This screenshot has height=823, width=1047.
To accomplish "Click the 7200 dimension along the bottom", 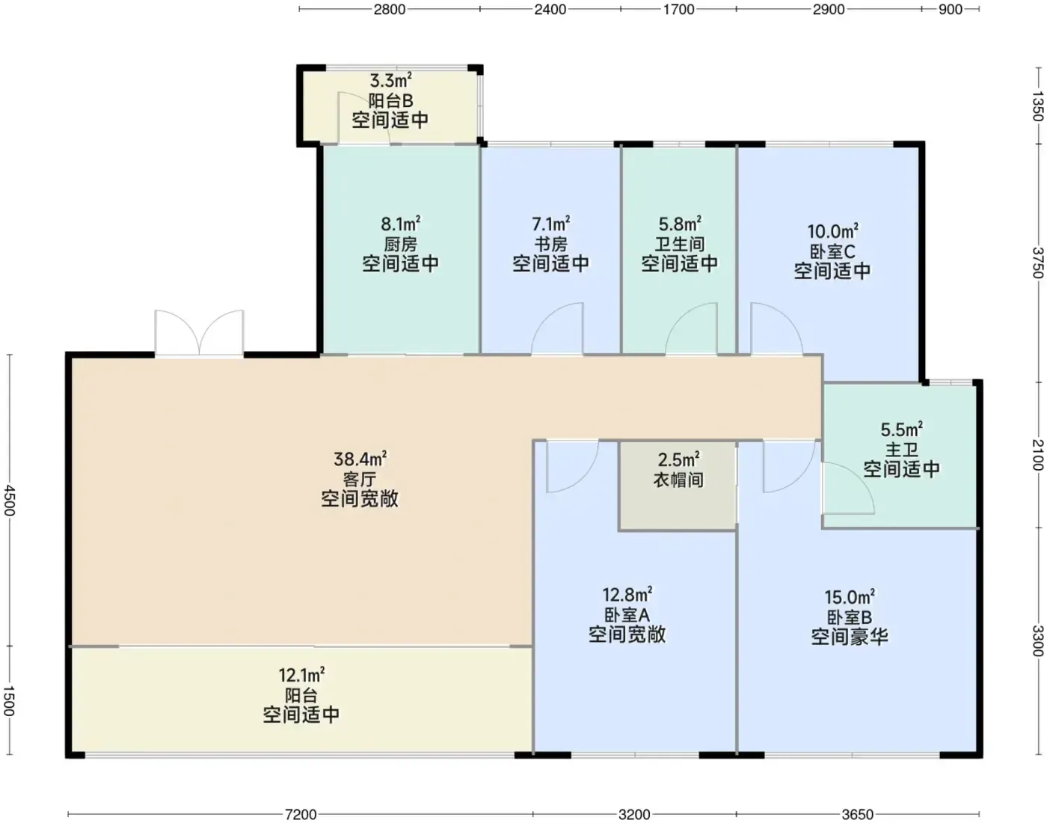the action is [x=301, y=814].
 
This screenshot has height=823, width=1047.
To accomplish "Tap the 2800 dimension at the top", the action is [x=390, y=10].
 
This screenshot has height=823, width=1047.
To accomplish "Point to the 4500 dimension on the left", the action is [x=10, y=501].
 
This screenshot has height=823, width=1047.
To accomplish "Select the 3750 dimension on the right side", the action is [x=1037, y=263].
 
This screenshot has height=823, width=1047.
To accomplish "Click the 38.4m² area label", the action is [x=360, y=458].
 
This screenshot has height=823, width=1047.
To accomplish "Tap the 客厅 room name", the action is [x=360, y=480].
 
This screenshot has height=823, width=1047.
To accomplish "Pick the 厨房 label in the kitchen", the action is [x=400, y=245].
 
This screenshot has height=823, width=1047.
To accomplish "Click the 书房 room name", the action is [x=550, y=244].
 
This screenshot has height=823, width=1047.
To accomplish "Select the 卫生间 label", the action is [x=679, y=244].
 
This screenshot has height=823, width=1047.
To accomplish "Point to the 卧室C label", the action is [x=832, y=251].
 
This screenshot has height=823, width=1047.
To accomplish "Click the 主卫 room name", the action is [x=901, y=450].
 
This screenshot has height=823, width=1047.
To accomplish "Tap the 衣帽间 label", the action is [x=678, y=480].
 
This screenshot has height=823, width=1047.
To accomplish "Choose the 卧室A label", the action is [x=627, y=615].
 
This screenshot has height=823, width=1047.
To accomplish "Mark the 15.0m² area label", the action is [x=850, y=597].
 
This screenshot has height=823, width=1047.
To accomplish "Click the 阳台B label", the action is [x=390, y=101].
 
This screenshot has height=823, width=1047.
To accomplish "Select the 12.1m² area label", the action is [x=301, y=675].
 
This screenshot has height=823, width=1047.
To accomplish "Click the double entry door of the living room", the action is [x=199, y=333].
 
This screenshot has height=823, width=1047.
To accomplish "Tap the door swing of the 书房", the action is [x=557, y=329].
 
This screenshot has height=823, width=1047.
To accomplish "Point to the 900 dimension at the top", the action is [x=951, y=10].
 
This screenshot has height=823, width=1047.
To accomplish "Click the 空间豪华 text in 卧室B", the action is [x=850, y=637].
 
